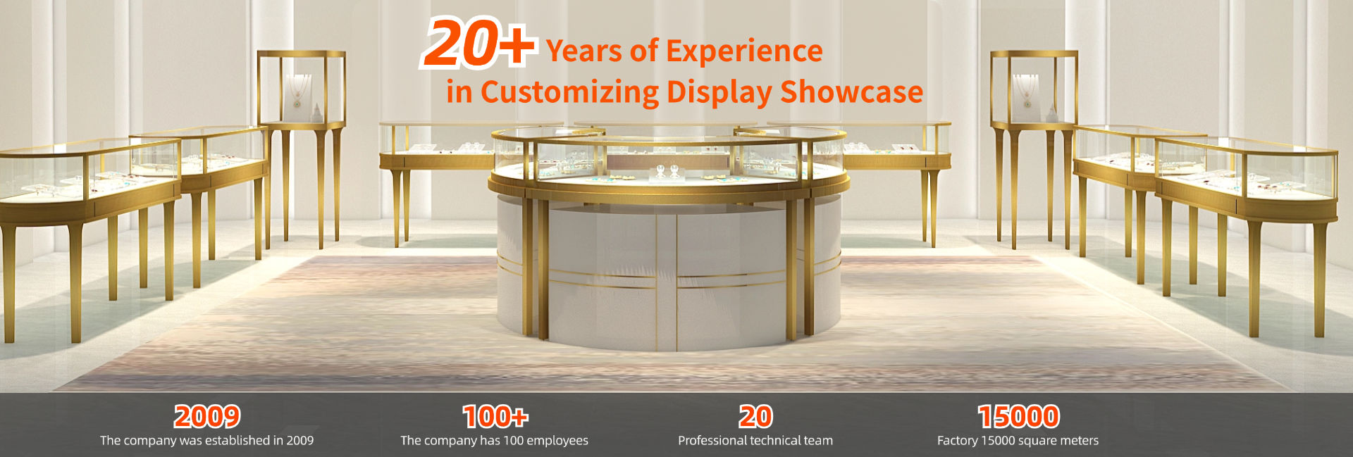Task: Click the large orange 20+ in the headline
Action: (480, 43)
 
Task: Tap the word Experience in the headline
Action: (744, 51)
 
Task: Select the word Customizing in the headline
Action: (569, 92)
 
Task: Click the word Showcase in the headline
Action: (851, 92)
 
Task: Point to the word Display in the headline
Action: (719, 93)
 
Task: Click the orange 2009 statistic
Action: (207, 417)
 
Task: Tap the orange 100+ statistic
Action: (495, 417)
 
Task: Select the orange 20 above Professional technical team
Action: (755, 417)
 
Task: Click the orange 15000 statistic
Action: (1018, 417)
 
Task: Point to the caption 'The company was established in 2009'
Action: (206, 440)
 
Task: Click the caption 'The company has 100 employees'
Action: (494, 440)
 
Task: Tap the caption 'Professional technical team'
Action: (755, 440)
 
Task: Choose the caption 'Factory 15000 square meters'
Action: (1018, 440)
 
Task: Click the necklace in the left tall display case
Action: (298, 91)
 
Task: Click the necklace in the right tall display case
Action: (1026, 91)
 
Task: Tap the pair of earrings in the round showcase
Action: (667, 171)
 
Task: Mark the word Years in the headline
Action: (583, 51)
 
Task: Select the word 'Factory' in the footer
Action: (957, 441)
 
